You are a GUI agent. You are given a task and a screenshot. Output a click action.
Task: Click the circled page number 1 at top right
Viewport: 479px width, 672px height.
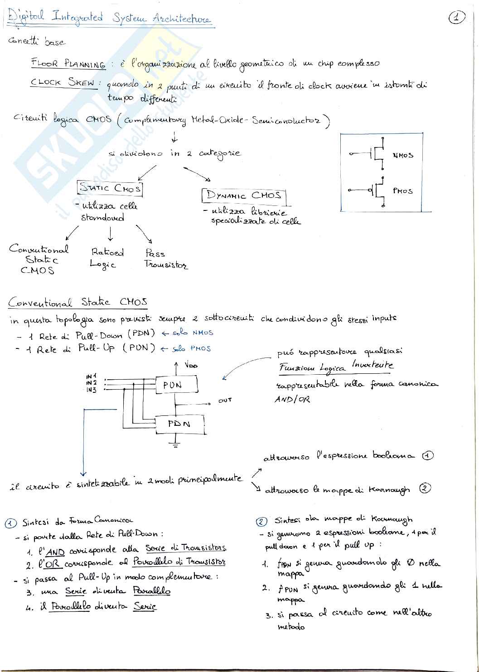point(457,18)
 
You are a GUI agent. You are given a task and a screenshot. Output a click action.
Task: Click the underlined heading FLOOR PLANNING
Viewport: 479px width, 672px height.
point(68,63)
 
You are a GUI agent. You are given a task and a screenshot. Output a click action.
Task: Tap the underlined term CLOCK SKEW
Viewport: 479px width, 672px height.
point(64,83)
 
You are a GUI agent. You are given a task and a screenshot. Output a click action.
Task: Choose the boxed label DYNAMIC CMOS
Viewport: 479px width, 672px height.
point(244,195)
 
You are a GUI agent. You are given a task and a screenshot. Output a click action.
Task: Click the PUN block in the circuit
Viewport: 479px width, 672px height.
point(177,385)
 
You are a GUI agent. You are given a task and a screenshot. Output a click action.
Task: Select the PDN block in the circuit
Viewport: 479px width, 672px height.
point(179,424)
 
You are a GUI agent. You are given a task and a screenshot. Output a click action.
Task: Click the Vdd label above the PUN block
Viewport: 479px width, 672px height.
point(191,365)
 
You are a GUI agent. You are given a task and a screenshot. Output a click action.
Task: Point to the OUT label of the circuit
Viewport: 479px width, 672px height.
point(225,400)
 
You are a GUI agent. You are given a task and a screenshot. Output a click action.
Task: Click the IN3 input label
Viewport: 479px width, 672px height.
point(91,390)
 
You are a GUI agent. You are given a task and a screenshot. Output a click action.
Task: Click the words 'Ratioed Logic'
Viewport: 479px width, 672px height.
point(107,258)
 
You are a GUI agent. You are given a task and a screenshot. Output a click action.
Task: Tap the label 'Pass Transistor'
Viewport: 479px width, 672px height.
point(165,259)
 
